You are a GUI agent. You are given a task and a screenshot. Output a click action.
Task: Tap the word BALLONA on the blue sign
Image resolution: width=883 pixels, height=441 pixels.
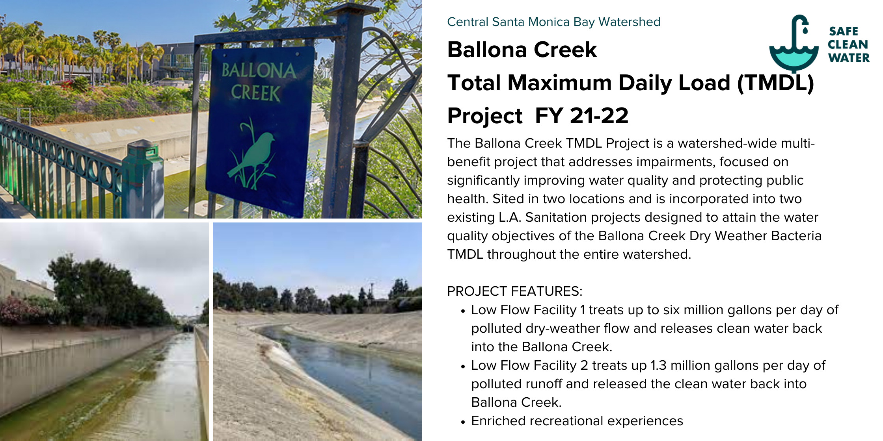259,70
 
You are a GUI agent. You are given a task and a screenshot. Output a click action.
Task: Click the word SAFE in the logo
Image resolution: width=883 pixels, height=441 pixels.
844,31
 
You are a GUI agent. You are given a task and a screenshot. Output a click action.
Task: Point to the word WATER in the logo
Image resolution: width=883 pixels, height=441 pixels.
849,58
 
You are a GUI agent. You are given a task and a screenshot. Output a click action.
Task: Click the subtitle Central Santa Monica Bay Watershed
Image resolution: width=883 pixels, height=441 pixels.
554,22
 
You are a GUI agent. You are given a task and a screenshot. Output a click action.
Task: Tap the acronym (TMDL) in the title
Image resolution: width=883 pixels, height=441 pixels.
775,83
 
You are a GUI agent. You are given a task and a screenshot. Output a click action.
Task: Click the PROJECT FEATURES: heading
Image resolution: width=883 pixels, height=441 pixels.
514,291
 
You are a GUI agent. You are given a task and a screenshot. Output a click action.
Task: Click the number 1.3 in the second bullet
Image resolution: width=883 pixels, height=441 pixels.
658,365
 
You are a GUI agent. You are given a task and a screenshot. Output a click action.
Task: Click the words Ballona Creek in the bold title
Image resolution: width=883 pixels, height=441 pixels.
522,50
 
